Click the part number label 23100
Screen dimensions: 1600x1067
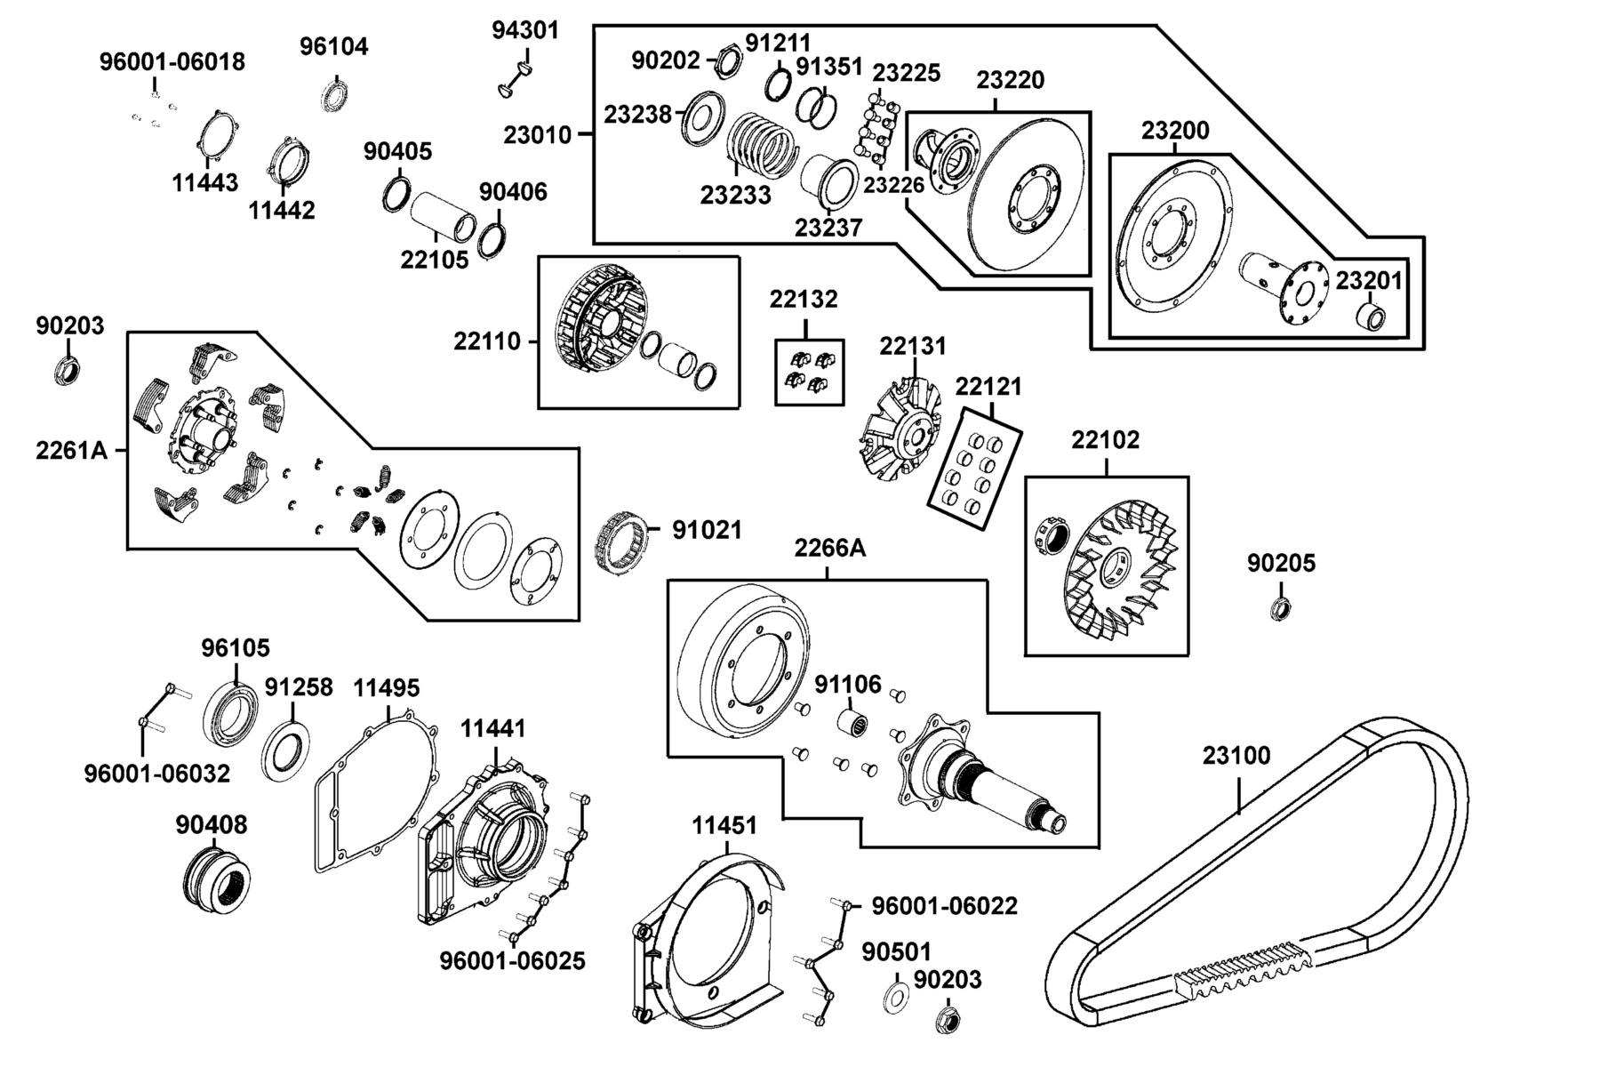tap(1236, 756)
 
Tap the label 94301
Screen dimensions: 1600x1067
tap(525, 30)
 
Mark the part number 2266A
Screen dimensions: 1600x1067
tap(829, 548)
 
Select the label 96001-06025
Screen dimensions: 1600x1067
tap(513, 961)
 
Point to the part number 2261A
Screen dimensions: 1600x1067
tap(71, 451)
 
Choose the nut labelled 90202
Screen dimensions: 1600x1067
tap(728, 62)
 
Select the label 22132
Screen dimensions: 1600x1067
tap(804, 300)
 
